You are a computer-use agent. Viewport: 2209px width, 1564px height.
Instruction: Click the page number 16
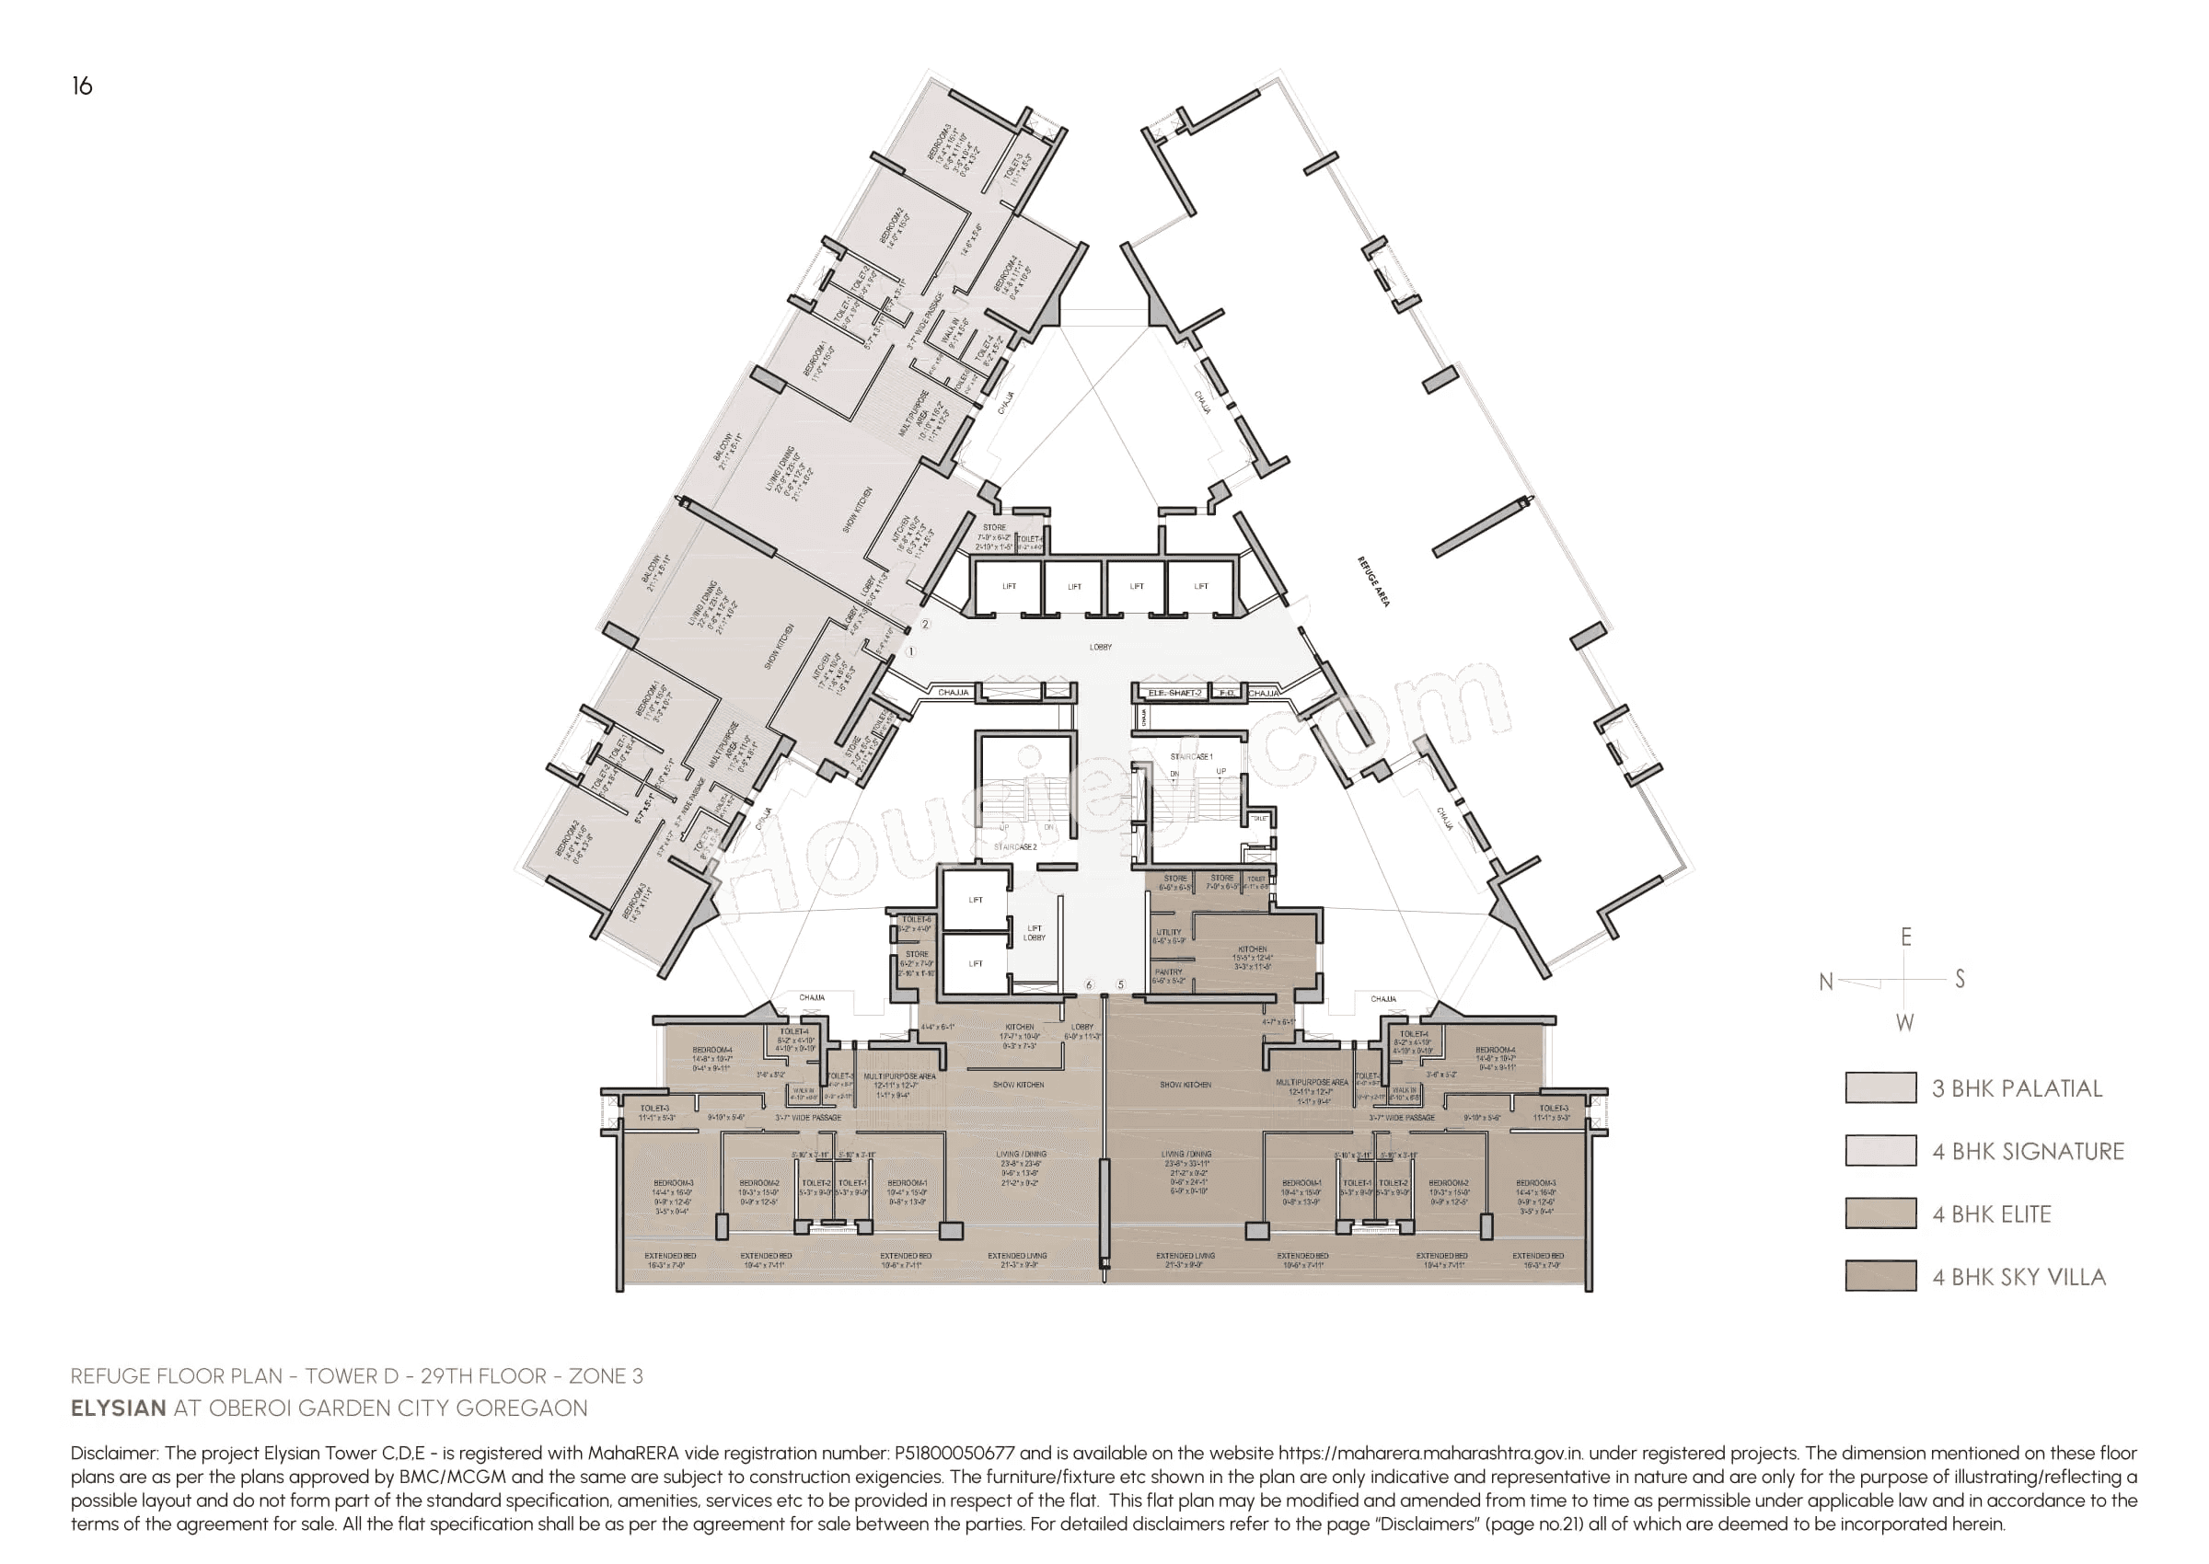pyautogui.click(x=82, y=86)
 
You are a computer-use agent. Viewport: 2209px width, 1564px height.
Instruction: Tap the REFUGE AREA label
pyautogui.click(x=1374, y=581)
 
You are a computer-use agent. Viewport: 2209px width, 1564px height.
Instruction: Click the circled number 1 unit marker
pyautogui.click(x=911, y=652)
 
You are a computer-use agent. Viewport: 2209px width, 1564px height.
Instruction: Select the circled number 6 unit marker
pyautogui.click(x=1090, y=984)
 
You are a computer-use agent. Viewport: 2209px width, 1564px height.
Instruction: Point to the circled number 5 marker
pyautogui.click(x=1120, y=984)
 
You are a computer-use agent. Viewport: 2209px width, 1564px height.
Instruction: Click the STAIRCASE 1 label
pyautogui.click(x=1191, y=757)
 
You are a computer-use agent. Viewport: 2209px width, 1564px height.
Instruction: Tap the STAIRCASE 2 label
pyautogui.click(x=1015, y=846)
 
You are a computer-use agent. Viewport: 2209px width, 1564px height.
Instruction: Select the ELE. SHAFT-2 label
pyautogui.click(x=1174, y=693)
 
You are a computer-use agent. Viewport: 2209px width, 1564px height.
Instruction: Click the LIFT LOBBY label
pyautogui.click(x=1034, y=932)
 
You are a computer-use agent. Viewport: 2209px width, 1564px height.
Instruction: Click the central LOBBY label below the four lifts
pyautogui.click(x=1100, y=647)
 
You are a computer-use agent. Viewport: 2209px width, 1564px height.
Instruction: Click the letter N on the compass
pyautogui.click(x=1824, y=982)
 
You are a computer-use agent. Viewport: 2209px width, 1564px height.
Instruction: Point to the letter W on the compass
pyautogui.click(x=1904, y=1023)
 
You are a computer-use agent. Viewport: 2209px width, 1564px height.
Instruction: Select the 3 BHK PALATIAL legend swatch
pyautogui.click(x=1879, y=1087)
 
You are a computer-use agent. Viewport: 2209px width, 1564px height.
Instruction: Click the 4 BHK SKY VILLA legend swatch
pyautogui.click(x=1879, y=1275)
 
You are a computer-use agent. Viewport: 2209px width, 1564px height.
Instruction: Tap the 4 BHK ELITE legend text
pyautogui.click(x=1991, y=1213)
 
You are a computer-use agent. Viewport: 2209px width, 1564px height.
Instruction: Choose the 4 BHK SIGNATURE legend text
pyautogui.click(x=2027, y=1151)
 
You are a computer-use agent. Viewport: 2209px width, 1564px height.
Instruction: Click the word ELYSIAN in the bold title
pyautogui.click(x=119, y=1408)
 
